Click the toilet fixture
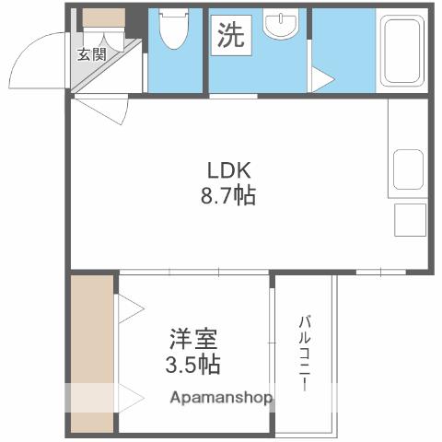click(x=171, y=33)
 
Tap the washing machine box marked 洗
click(x=230, y=36)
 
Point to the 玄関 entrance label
click(x=91, y=54)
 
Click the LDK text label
click(x=228, y=171)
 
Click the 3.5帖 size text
click(x=193, y=364)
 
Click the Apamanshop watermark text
click(x=221, y=399)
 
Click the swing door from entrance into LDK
click(x=101, y=109)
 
